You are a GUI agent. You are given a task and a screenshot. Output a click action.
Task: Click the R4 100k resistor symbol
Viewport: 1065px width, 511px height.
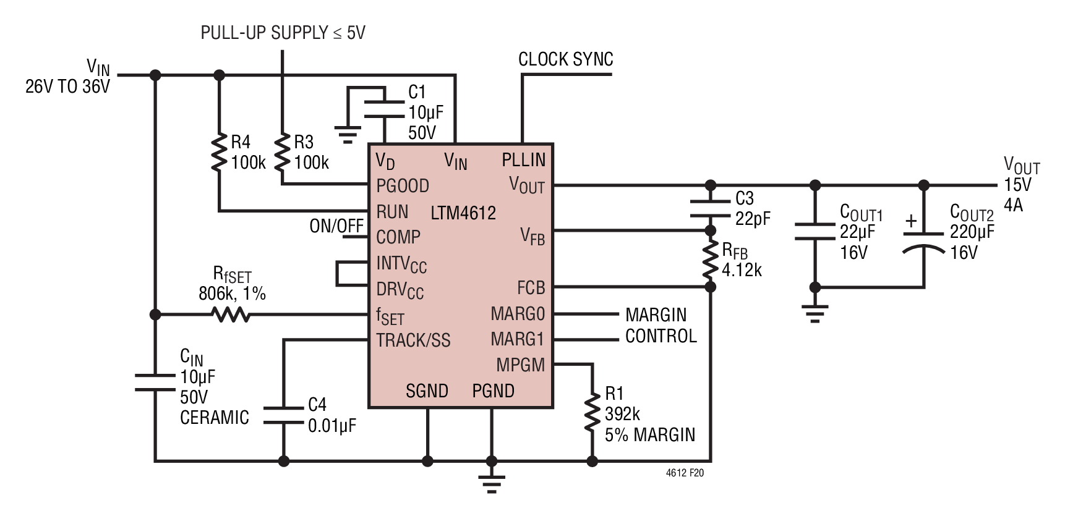(218, 153)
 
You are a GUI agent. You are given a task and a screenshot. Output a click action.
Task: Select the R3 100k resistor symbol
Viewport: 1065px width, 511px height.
(282, 153)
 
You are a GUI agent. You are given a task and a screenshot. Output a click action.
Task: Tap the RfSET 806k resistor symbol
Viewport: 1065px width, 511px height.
(231, 315)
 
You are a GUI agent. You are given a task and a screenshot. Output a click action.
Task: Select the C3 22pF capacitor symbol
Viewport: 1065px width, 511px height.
(711, 208)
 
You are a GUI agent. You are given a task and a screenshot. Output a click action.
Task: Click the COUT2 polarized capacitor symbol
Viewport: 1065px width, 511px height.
(923, 242)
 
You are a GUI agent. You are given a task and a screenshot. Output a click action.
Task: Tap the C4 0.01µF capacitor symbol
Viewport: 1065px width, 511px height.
(284, 415)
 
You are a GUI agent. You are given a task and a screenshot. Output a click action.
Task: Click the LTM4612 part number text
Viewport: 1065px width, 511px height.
(463, 213)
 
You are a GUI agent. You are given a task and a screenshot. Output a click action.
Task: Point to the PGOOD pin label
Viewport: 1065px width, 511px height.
(403, 185)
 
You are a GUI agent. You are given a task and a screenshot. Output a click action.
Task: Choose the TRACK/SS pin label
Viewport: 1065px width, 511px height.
(413, 340)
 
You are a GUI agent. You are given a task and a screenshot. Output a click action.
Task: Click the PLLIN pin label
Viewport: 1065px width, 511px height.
(524, 159)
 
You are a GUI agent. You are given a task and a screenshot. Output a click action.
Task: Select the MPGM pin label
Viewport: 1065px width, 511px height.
(521, 365)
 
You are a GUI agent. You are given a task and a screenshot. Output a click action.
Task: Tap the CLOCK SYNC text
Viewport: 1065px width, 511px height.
(566, 59)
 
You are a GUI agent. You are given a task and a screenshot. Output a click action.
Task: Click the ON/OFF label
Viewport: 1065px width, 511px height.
(336, 226)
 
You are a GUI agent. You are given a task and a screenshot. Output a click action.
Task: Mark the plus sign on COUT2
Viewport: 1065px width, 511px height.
(911, 221)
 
